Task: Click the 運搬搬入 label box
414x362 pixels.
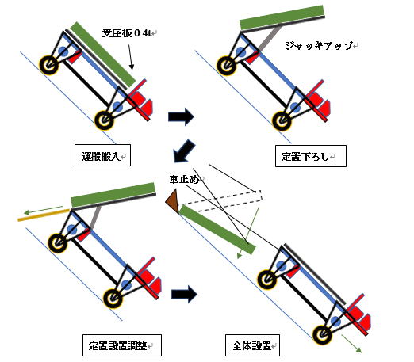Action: point(102,155)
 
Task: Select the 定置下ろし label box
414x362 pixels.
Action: point(311,156)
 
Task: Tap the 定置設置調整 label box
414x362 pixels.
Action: point(122,345)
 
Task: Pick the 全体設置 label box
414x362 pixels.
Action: point(252,345)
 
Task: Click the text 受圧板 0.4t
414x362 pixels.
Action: point(128,33)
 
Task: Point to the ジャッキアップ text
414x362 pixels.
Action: point(320,46)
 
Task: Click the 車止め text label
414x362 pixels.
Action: point(185,180)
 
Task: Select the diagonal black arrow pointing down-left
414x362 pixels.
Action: point(184,151)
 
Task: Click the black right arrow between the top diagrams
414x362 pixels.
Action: point(181,116)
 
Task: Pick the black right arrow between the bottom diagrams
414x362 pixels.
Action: point(184,294)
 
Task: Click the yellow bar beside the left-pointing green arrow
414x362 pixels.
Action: point(44,215)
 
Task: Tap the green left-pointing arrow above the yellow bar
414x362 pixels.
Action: point(44,210)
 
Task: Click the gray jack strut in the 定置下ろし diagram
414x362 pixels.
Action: point(269,37)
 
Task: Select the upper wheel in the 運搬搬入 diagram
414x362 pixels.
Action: point(48,64)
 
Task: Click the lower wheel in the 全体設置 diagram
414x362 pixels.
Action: point(322,335)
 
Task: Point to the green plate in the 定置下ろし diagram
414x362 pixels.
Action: point(282,17)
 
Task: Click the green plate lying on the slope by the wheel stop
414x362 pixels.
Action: point(217,230)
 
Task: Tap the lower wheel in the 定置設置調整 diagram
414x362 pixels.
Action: point(113,298)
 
